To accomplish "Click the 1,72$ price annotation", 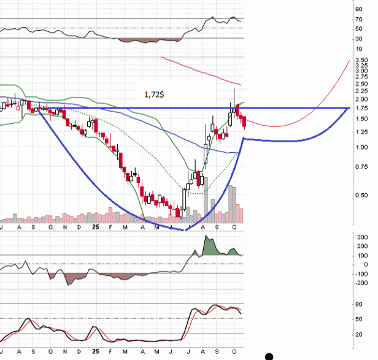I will (153, 95).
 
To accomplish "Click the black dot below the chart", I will (269, 356).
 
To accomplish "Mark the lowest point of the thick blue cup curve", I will (185, 231).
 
